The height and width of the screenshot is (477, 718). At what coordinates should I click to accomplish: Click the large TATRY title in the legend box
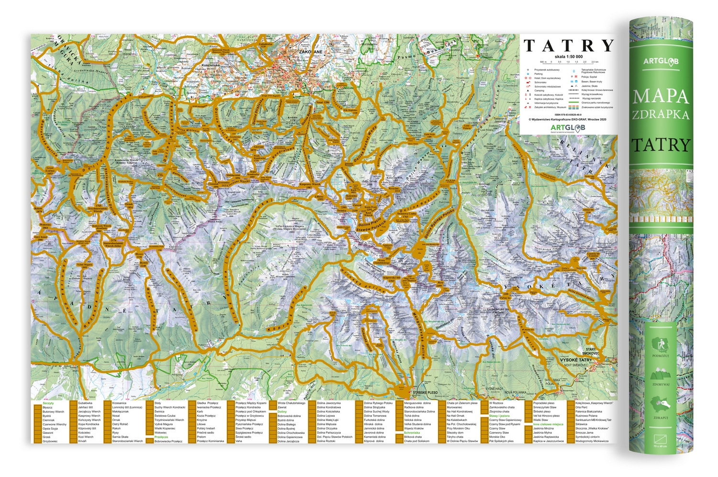click(x=569, y=46)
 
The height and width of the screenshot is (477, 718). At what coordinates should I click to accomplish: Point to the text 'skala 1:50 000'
click(x=569, y=57)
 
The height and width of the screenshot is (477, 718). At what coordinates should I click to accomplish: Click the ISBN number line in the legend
click(x=568, y=115)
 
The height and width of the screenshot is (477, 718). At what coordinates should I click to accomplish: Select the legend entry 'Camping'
click(x=539, y=91)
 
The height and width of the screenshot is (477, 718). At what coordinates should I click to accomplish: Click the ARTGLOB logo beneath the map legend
click(x=568, y=127)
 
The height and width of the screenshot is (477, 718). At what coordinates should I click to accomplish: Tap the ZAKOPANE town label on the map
click(x=310, y=52)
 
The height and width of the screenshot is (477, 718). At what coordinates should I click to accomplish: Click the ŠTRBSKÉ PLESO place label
click(x=425, y=393)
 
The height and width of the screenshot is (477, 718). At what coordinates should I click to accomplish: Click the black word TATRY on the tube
click(x=661, y=145)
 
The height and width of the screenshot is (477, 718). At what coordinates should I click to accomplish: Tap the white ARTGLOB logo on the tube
click(x=661, y=61)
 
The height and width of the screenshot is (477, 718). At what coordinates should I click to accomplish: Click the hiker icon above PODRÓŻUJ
click(x=660, y=343)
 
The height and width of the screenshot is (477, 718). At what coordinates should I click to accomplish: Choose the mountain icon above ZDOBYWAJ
click(x=660, y=374)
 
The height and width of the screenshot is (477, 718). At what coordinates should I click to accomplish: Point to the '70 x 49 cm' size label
click(x=660, y=446)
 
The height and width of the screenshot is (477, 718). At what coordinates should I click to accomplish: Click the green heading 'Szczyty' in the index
click(x=48, y=403)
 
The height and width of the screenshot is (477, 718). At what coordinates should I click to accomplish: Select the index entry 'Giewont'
click(x=48, y=433)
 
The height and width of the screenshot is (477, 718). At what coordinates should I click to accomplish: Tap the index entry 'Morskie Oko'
click(x=497, y=437)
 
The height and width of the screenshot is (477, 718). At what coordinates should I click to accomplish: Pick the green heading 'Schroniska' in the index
click(x=412, y=432)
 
